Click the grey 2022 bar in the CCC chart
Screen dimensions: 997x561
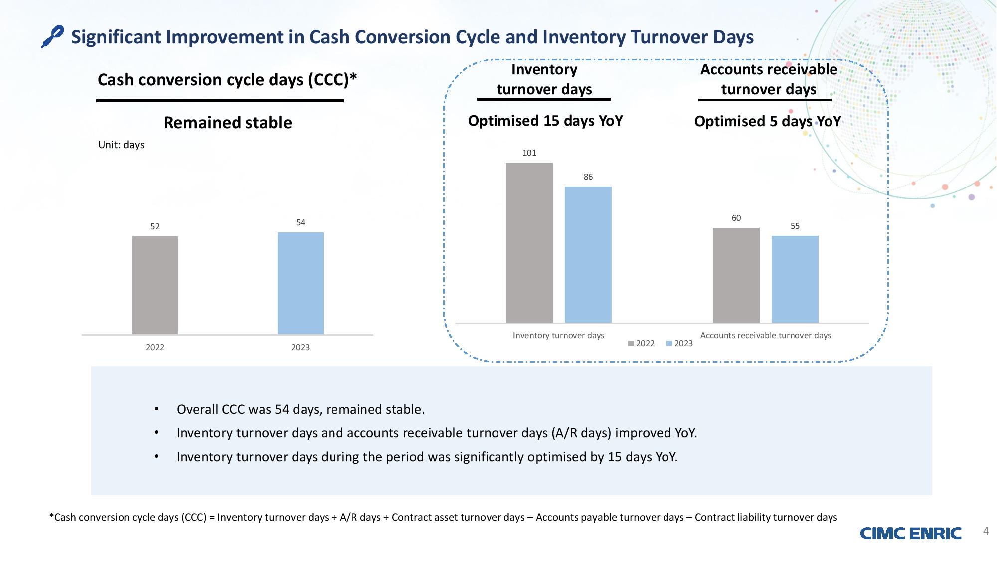click(x=155, y=285)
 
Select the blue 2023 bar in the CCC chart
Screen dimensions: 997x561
click(x=301, y=283)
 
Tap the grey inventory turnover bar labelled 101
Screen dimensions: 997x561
click(x=529, y=242)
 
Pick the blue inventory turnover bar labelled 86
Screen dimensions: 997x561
click(x=588, y=254)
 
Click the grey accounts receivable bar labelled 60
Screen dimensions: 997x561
click(x=736, y=275)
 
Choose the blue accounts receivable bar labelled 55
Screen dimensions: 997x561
click(x=795, y=279)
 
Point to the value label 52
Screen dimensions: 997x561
click(x=155, y=227)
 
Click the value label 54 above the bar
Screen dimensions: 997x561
click(x=301, y=223)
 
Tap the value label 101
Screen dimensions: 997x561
click(x=529, y=153)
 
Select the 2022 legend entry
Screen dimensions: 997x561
click(x=641, y=343)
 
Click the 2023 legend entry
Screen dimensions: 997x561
click(x=679, y=343)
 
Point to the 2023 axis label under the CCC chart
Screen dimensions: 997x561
click(x=301, y=347)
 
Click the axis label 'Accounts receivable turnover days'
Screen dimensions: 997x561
click(x=766, y=335)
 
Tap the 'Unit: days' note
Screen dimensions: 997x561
click(x=121, y=145)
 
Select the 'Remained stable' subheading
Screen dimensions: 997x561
click(x=228, y=123)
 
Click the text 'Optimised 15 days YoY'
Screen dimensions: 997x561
click(x=545, y=121)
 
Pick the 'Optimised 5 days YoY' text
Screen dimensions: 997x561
click(x=768, y=121)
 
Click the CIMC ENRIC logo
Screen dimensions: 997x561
click(x=911, y=533)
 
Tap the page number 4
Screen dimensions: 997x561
click(x=986, y=531)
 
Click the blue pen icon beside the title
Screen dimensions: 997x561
click(x=52, y=37)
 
